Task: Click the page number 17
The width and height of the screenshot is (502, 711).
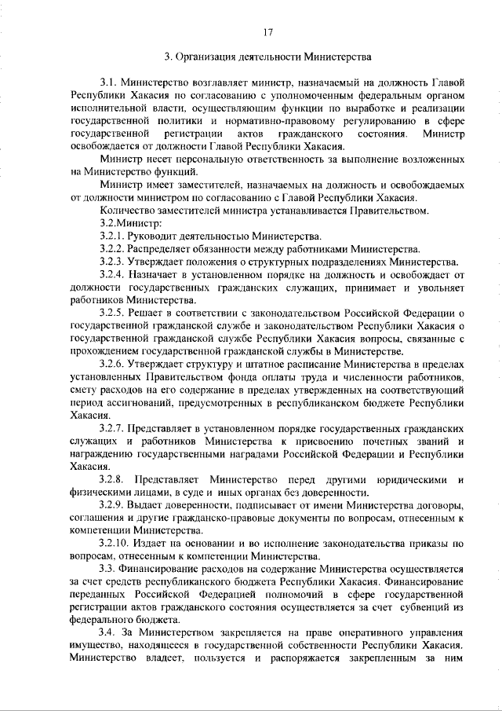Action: (267, 32)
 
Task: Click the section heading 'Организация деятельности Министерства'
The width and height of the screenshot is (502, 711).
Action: (273, 57)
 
